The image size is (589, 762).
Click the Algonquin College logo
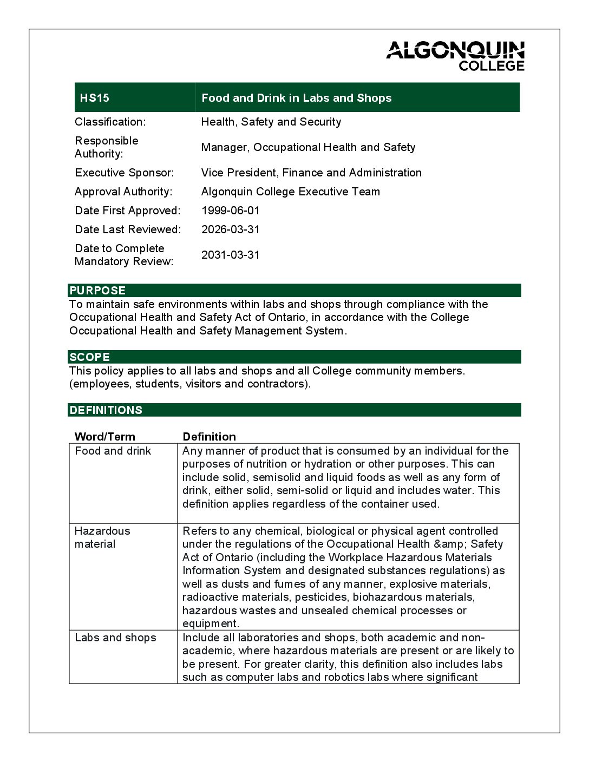click(x=455, y=56)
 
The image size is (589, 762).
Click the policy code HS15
click(x=95, y=98)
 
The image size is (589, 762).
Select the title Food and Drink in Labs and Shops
click(x=296, y=98)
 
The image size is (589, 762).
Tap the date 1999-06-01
click(x=231, y=211)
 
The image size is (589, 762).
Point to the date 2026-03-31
click(x=231, y=229)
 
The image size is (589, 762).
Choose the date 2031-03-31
click(x=231, y=255)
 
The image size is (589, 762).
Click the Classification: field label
click(x=110, y=122)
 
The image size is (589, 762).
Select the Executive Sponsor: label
click(x=125, y=173)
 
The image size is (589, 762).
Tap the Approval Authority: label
click(x=123, y=192)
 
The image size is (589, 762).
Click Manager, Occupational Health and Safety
click(x=308, y=147)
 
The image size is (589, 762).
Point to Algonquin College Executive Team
click(x=290, y=192)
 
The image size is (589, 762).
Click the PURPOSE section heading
click(x=97, y=291)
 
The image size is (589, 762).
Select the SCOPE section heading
click(x=90, y=357)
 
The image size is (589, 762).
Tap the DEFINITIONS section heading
click(x=106, y=410)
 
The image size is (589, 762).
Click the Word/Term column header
click(x=105, y=437)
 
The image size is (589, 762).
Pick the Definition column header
click(x=209, y=437)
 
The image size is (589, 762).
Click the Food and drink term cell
click(x=113, y=451)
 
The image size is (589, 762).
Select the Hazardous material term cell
click(x=102, y=537)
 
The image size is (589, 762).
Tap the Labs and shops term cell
click(x=115, y=638)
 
